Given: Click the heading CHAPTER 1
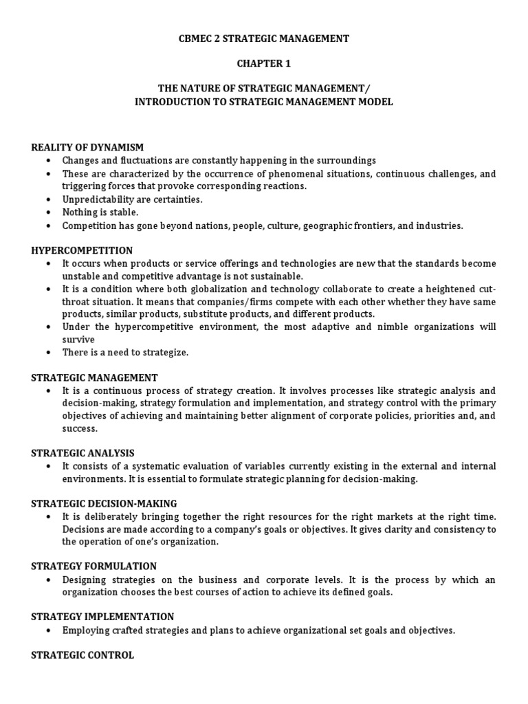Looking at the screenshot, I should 264,63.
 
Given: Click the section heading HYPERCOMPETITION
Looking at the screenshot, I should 82,250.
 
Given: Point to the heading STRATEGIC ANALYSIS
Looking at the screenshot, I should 82,453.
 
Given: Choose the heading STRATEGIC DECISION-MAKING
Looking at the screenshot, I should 104,503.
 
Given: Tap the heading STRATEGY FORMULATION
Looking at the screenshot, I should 94,566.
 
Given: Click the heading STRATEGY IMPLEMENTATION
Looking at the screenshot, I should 102,617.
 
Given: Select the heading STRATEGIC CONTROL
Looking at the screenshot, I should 82,655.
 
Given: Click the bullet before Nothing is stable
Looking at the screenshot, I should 48,212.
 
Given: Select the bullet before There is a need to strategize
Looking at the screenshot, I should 48,352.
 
